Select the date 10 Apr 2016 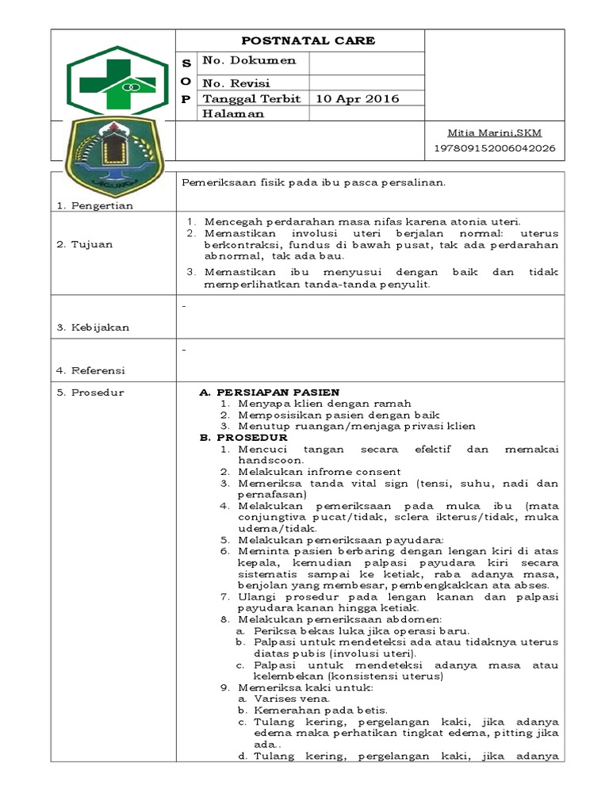click(357, 99)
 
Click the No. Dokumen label click(249, 60)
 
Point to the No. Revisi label click(236, 83)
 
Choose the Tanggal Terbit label click(251, 99)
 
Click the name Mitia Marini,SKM click(495, 132)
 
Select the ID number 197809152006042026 click(495, 148)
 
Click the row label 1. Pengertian click(94, 206)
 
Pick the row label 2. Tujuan click(84, 244)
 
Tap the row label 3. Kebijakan click(93, 327)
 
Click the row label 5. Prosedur click(90, 393)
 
